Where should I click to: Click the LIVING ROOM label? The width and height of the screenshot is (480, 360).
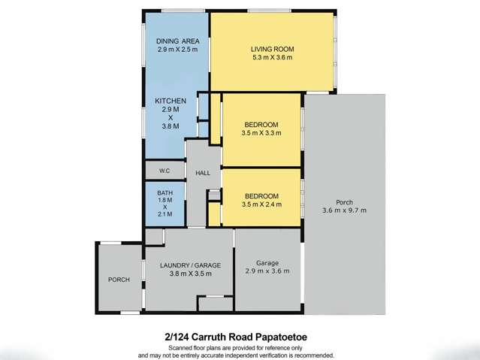[271, 50]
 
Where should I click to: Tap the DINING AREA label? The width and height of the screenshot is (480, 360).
[177, 41]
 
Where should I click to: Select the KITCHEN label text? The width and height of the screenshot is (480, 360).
[171, 101]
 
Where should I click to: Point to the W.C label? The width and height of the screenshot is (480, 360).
[165, 171]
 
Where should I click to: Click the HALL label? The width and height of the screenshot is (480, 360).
[202, 174]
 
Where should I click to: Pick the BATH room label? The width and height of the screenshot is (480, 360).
[165, 192]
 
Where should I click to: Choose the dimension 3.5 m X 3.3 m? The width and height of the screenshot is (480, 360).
[261, 133]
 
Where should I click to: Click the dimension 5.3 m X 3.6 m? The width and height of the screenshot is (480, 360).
[271, 58]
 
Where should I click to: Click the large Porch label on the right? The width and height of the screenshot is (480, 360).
[344, 202]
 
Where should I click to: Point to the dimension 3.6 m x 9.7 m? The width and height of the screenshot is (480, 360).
[344, 210]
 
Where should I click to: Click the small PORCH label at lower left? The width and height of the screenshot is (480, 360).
[119, 280]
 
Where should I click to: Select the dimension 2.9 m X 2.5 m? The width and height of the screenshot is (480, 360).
[177, 49]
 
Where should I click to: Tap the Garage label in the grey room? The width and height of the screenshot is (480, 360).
[268, 262]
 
